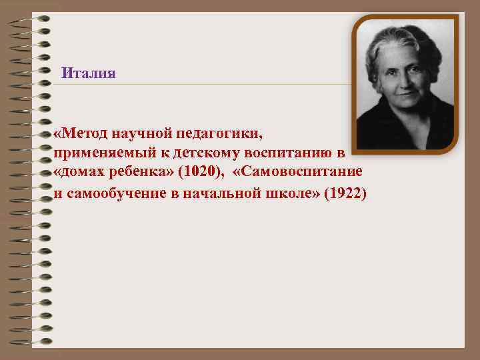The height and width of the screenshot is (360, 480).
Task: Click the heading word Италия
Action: point(88,73)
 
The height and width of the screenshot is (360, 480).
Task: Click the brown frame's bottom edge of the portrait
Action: point(405,151)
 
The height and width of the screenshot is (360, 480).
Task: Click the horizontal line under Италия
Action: point(200,85)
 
